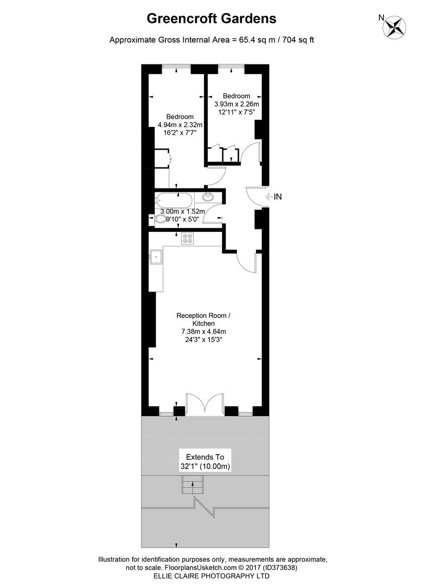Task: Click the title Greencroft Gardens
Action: click(211, 18)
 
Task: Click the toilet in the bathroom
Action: click(161, 219)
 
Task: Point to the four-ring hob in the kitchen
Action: click(188, 238)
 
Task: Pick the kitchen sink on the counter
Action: click(156, 256)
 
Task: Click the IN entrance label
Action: click(278, 197)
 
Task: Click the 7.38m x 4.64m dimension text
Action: click(204, 331)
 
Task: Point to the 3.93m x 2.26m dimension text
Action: click(236, 104)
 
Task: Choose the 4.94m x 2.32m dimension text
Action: click(180, 125)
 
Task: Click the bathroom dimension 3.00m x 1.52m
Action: click(182, 211)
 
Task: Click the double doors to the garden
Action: click(204, 404)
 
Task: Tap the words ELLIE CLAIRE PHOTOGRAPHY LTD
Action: click(211, 576)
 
